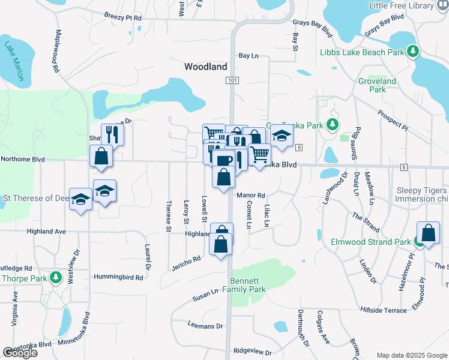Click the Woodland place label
click(205, 67)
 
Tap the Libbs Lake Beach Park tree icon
click(412, 52)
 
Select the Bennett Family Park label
click(248, 285)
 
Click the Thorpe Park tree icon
click(55, 278)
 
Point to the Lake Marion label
click(16, 61)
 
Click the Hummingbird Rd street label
click(118, 277)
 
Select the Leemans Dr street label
click(205, 326)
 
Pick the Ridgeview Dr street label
click(252, 352)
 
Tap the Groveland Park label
click(377, 85)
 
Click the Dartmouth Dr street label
click(304, 328)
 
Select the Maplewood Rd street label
click(58, 51)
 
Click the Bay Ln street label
click(248, 56)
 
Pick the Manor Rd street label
click(251, 196)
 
